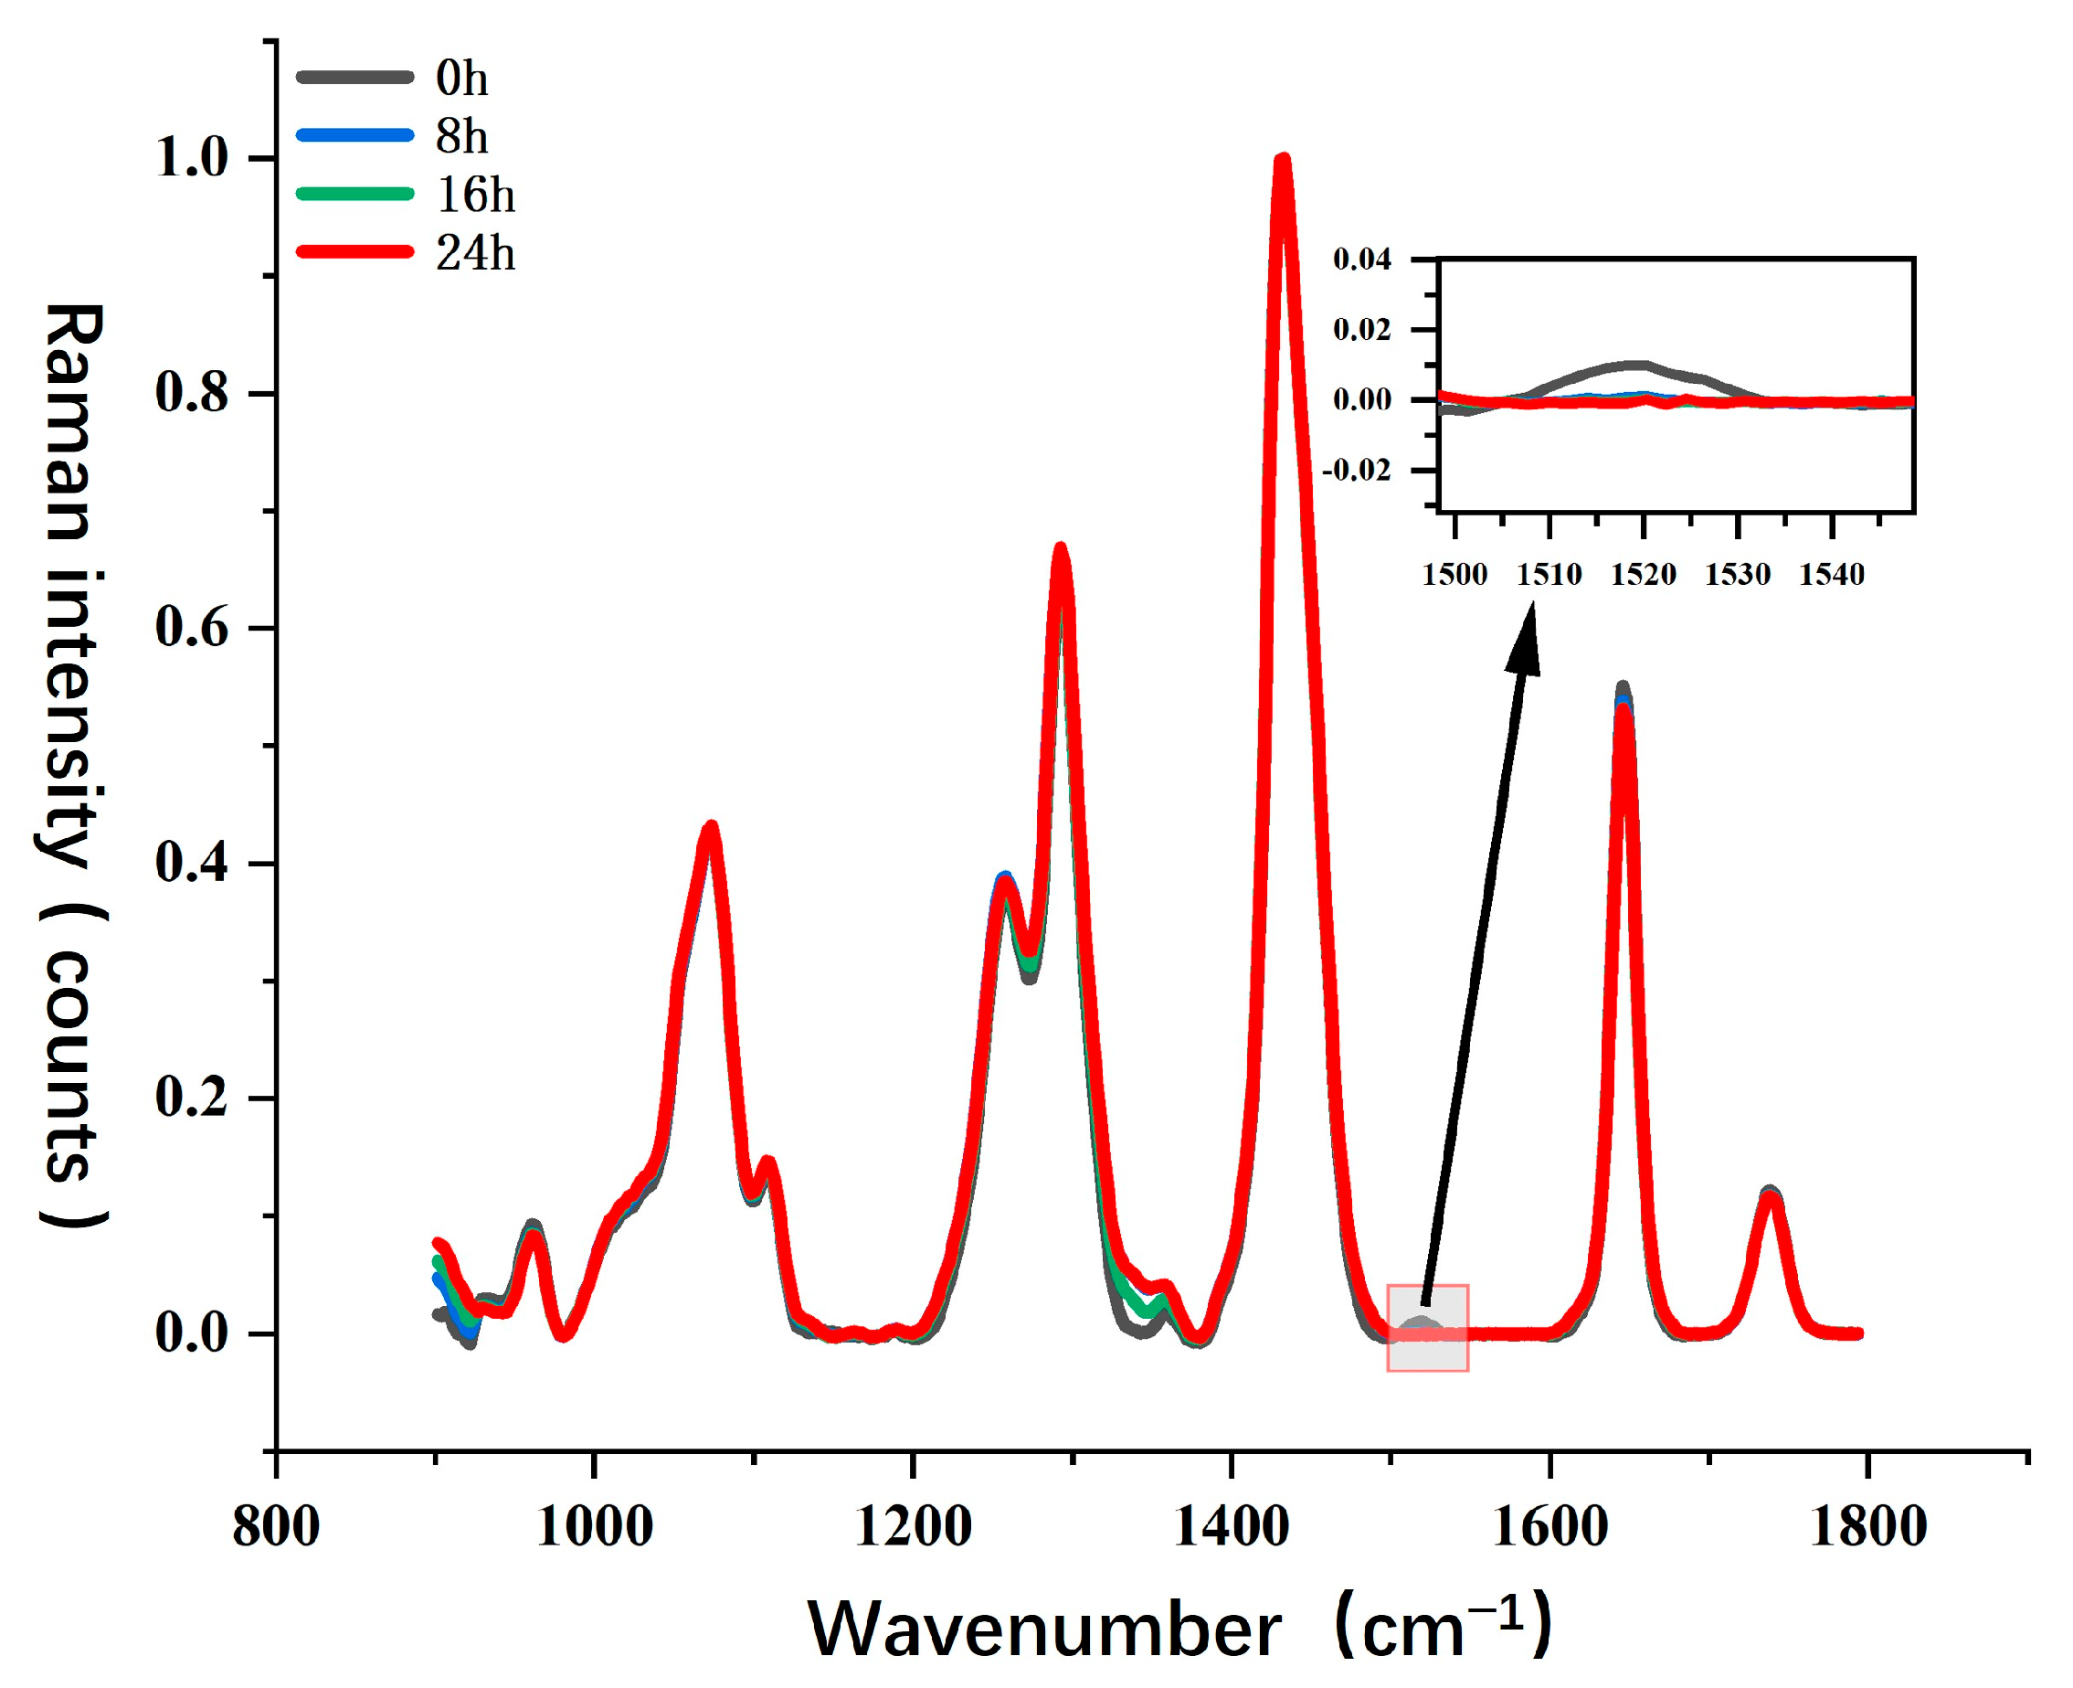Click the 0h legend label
460,79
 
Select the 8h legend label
460,137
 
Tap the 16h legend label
474,196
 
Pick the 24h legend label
474,254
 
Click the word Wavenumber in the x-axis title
1042,1629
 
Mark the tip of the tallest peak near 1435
1283,161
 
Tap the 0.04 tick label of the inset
1361,260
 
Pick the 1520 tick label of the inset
1644,575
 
